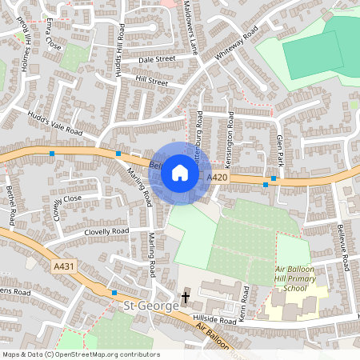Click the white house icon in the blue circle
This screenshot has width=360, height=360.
coord(180,173)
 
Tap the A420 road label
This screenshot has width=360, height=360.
coord(216,176)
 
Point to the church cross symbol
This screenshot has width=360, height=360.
coord(186,298)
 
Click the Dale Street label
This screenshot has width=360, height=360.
coord(157,59)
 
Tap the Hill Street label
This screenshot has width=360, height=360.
coord(151,82)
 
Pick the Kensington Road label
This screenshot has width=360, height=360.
coord(230,130)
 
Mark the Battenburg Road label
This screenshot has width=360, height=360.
coord(200,132)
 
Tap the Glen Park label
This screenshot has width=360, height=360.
coord(279,147)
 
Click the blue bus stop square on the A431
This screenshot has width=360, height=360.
coord(114,294)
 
